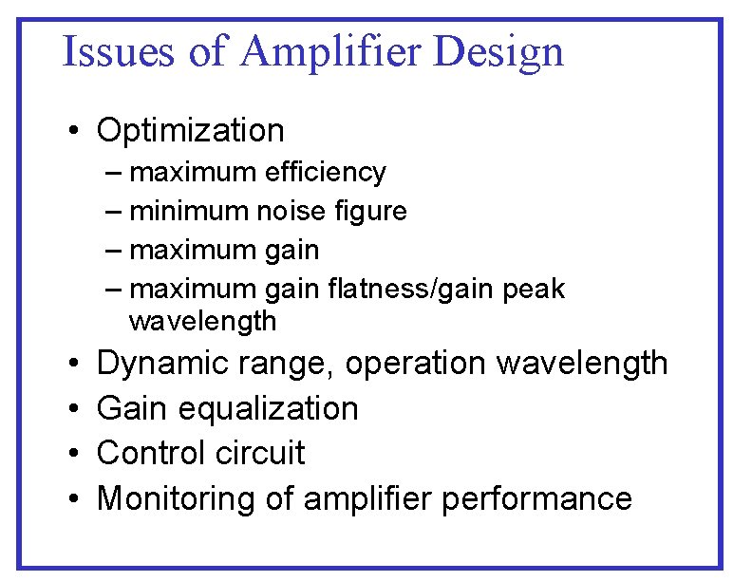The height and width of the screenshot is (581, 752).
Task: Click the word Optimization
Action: click(x=190, y=130)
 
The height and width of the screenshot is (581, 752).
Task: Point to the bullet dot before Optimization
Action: click(x=73, y=131)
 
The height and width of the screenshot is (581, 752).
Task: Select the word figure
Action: click(x=368, y=212)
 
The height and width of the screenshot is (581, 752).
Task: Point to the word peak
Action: click(x=536, y=289)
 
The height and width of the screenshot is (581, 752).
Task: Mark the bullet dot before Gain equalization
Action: click(x=73, y=409)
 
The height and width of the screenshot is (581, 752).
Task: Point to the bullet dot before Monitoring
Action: click(x=73, y=499)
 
